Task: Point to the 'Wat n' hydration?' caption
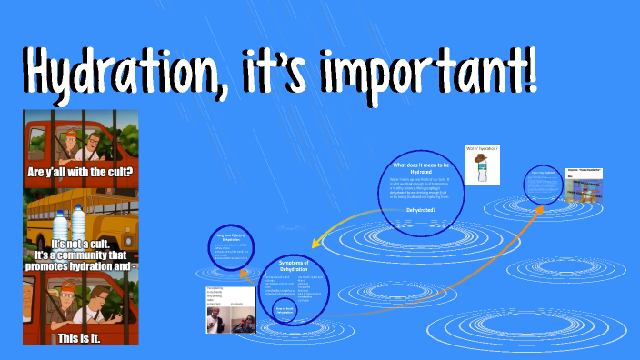tap(482, 147)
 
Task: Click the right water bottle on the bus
tap(79, 225)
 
